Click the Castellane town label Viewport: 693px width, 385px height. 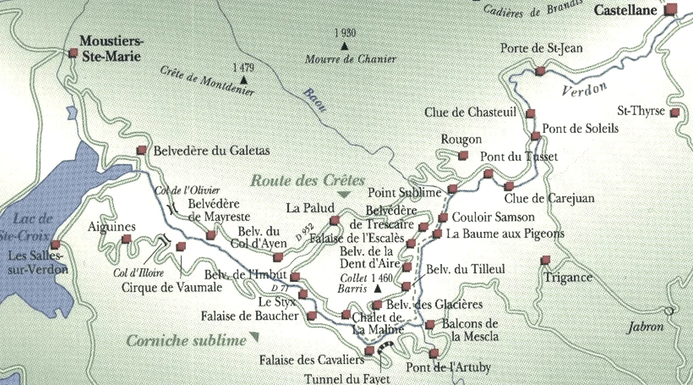627,10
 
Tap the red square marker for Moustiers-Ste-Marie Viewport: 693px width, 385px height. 73,53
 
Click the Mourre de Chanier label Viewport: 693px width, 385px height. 351,58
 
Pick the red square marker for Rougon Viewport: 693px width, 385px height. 463,155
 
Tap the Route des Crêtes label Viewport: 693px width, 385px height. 308,180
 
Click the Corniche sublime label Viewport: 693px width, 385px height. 187,340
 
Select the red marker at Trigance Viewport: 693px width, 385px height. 545,260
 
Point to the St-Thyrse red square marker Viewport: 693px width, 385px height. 675,113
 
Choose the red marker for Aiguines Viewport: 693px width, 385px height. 126,239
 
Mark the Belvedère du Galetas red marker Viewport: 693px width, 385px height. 141,150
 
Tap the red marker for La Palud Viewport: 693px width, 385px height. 334,220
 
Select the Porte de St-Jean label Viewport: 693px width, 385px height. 541,48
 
